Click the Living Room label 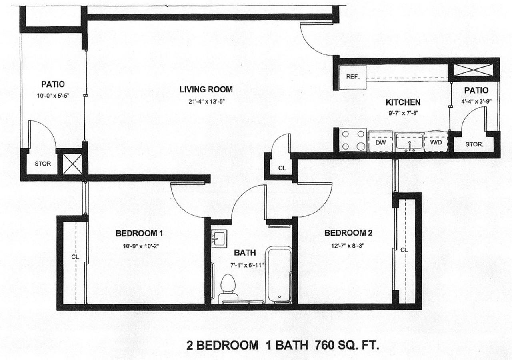pyautogui.click(x=206, y=89)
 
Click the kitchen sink pyautogui.click(x=410, y=142)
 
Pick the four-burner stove pyautogui.click(x=353, y=140)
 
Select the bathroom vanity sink pyautogui.click(x=218, y=238)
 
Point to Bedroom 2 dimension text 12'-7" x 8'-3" pyautogui.click(x=348, y=244)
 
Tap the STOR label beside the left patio pyautogui.click(x=42, y=164)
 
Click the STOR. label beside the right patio pyautogui.click(x=474, y=144)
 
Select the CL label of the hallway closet pyautogui.click(x=282, y=168)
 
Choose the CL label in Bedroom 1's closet pyautogui.click(x=75, y=257)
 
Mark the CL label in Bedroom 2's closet pyautogui.click(x=404, y=250)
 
